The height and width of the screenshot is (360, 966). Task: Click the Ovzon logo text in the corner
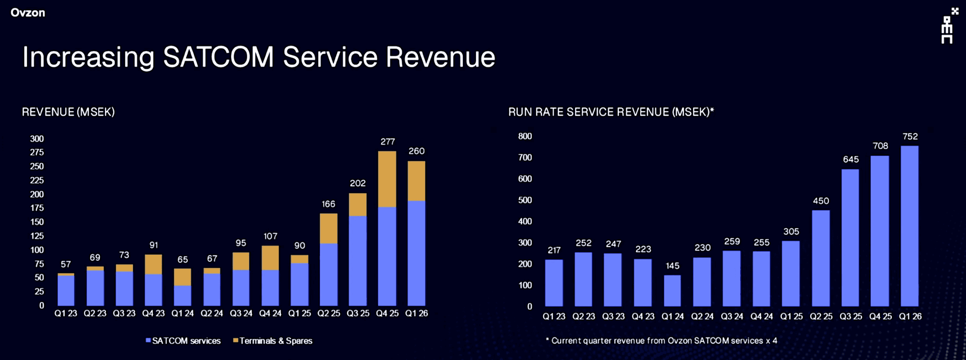pyautogui.click(x=28, y=12)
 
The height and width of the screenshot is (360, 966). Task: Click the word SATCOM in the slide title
pyautogui.click(x=218, y=57)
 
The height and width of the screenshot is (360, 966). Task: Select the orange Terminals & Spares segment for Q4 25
pyautogui.click(x=387, y=179)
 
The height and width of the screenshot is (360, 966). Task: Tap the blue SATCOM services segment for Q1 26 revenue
pyautogui.click(x=416, y=253)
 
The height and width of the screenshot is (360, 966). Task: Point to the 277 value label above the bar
pyautogui.click(x=388, y=142)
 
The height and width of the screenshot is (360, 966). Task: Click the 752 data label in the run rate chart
pyautogui.click(x=910, y=136)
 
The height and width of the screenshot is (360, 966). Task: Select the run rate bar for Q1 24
pyautogui.click(x=672, y=290)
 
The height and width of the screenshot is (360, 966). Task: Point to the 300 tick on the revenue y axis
pyautogui.click(x=37, y=138)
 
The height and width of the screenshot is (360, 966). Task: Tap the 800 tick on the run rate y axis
pyautogui.click(x=525, y=136)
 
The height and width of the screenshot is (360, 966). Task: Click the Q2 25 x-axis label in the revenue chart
pyautogui.click(x=329, y=313)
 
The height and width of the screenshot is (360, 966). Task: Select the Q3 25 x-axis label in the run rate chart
pyautogui.click(x=851, y=316)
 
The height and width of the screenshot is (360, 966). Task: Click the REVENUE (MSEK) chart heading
pyautogui.click(x=68, y=112)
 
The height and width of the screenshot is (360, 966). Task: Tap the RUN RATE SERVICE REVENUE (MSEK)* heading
pyautogui.click(x=611, y=112)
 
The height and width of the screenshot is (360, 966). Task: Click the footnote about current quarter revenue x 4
pyautogui.click(x=661, y=340)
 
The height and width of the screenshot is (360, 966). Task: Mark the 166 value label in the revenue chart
pyautogui.click(x=328, y=204)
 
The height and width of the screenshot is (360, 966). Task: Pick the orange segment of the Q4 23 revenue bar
pyautogui.click(x=153, y=264)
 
